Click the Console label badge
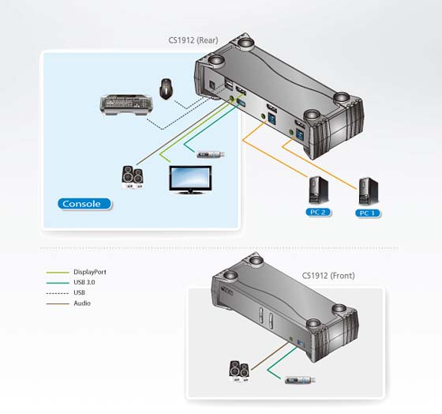84,204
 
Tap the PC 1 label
368,213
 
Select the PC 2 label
318,213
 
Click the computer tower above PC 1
368,191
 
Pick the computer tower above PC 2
319,190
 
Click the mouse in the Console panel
167,88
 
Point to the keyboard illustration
127,105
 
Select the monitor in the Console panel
190,180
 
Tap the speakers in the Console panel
133,177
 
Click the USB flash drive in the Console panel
211,154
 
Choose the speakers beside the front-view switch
239,371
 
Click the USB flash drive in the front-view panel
300,380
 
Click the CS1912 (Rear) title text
193,40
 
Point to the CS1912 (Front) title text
328,276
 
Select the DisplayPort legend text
90,272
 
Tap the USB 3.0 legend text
84,282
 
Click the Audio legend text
82,303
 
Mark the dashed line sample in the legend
58,293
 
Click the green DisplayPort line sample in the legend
58,273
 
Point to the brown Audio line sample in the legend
58,304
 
